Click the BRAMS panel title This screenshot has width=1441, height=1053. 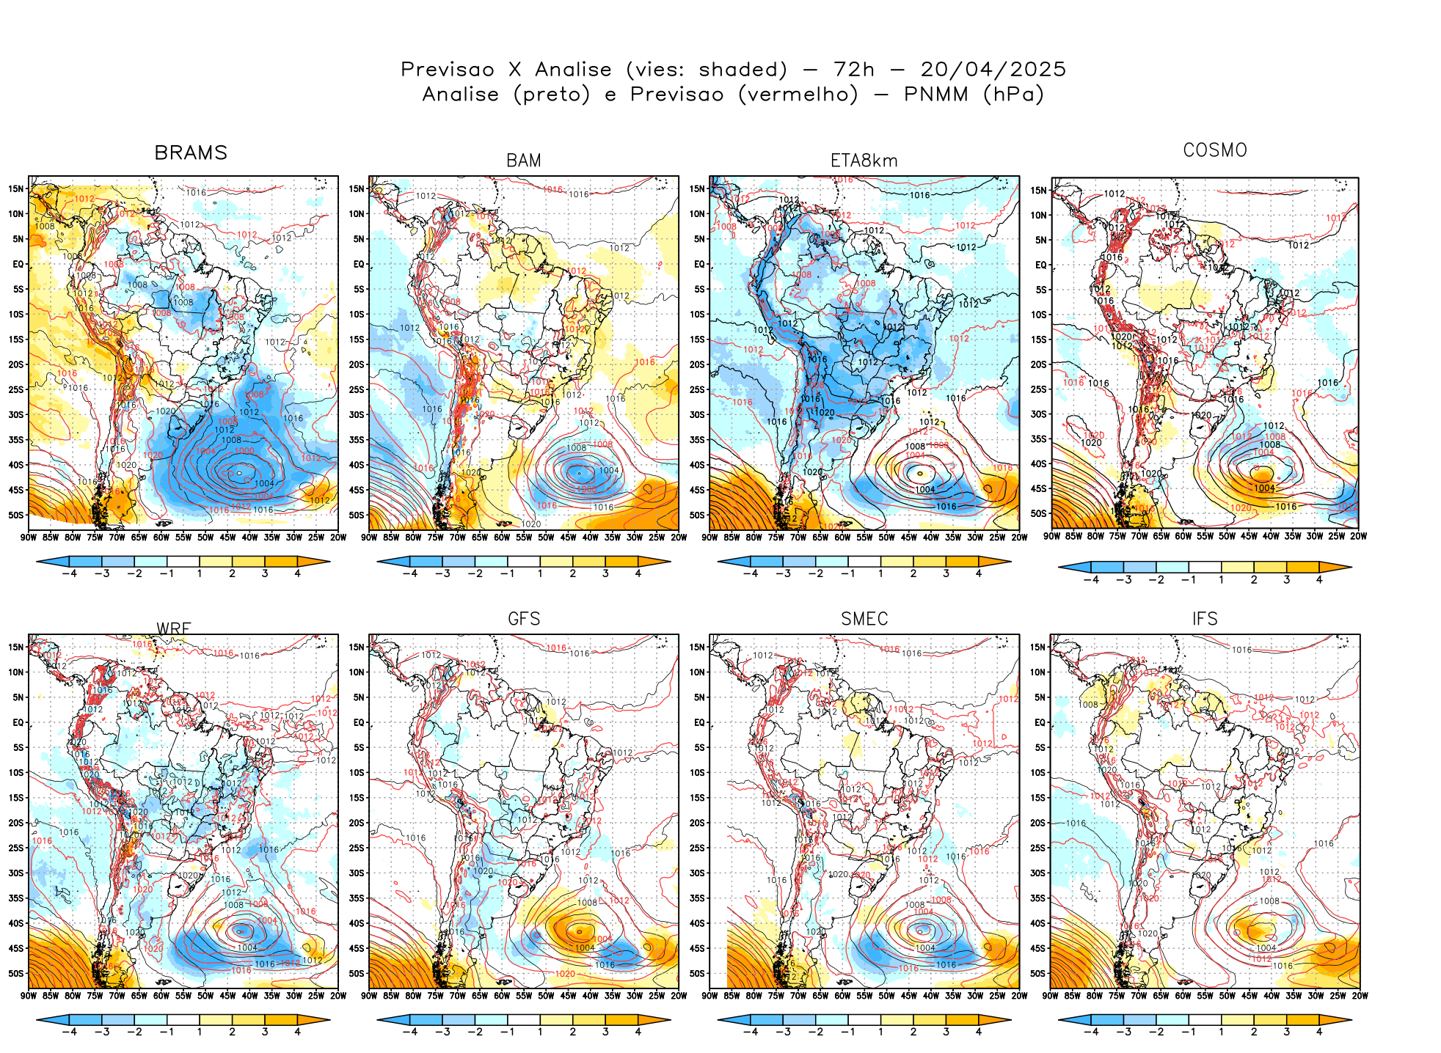coord(191,153)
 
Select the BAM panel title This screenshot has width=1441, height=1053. coord(523,161)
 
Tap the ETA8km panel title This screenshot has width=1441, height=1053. coord(864,161)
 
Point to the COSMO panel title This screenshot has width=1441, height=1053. coord(1215,150)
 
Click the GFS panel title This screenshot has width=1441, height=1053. coord(524,619)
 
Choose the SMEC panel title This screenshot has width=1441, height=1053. coord(864,619)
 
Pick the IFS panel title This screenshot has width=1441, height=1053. coord(1205,619)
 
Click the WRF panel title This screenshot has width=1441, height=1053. coord(174,628)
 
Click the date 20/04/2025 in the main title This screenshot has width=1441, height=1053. coord(993,70)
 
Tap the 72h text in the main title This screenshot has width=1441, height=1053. coord(854,70)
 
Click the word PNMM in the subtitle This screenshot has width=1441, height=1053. coord(935,95)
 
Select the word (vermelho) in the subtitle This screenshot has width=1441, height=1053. coord(798,95)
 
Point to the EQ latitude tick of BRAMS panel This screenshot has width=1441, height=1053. coord(18,264)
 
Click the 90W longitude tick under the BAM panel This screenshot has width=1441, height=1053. coord(369,537)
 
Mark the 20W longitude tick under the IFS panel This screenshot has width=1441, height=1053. coord(1360,996)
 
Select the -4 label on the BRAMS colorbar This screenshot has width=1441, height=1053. coord(70,573)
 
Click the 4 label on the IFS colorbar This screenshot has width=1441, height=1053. coord(1319,1032)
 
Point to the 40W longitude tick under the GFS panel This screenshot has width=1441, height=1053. coord(591,996)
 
